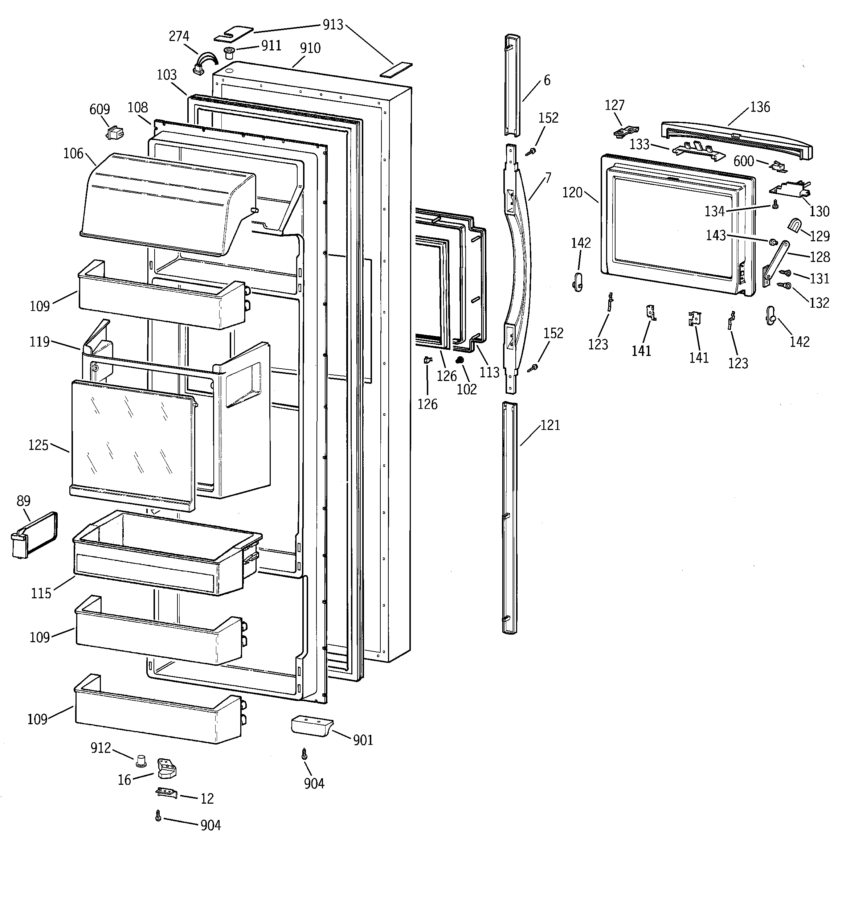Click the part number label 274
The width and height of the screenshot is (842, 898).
179,36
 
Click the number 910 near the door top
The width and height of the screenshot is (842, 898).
310,48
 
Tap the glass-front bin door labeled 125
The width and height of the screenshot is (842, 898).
133,445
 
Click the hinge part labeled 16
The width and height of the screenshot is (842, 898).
166,767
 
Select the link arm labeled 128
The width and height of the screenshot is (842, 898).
776,264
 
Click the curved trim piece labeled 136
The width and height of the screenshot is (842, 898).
737,140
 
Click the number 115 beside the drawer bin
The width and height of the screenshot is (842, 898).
41,593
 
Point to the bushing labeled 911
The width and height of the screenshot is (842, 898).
230,52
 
